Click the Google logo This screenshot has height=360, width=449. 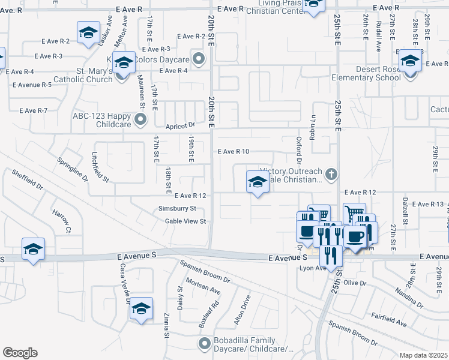click(x=20, y=353)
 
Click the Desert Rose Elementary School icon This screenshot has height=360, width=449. click(x=410, y=61)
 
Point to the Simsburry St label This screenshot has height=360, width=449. click(x=177, y=208)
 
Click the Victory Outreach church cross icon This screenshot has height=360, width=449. click(x=331, y=175)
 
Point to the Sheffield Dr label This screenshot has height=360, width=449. click(x=28, y=179)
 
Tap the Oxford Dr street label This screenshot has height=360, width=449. click(x=298, y=149)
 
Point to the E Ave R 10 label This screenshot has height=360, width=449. click(x=233, y=152)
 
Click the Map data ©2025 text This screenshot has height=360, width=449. click(x=423, y=355)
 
